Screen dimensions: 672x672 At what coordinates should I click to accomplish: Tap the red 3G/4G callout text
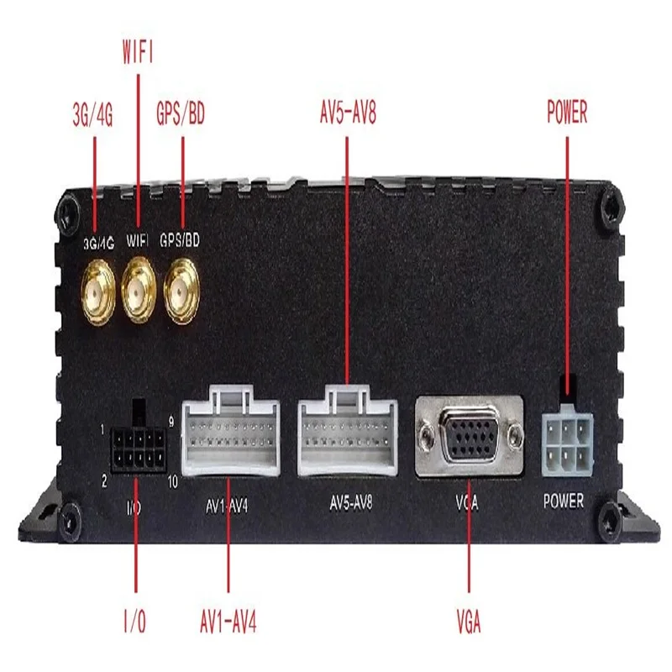(95, 113)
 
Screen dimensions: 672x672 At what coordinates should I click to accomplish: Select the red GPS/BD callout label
(181, 113)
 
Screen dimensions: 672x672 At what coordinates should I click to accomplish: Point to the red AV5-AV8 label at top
(348, 113)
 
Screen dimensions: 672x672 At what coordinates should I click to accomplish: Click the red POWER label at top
(567, 113)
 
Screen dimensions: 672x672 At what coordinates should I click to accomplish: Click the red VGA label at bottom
(469, 623)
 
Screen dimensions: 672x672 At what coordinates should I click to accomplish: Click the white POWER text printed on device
(564, 502)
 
